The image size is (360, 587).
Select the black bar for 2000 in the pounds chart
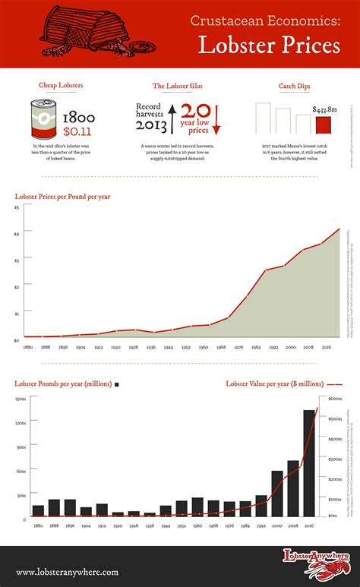point(277,493)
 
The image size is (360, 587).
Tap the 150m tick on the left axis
point(20,399)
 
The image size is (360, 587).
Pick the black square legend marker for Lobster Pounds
point(117,385)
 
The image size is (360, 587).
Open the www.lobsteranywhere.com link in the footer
point(67,572)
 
